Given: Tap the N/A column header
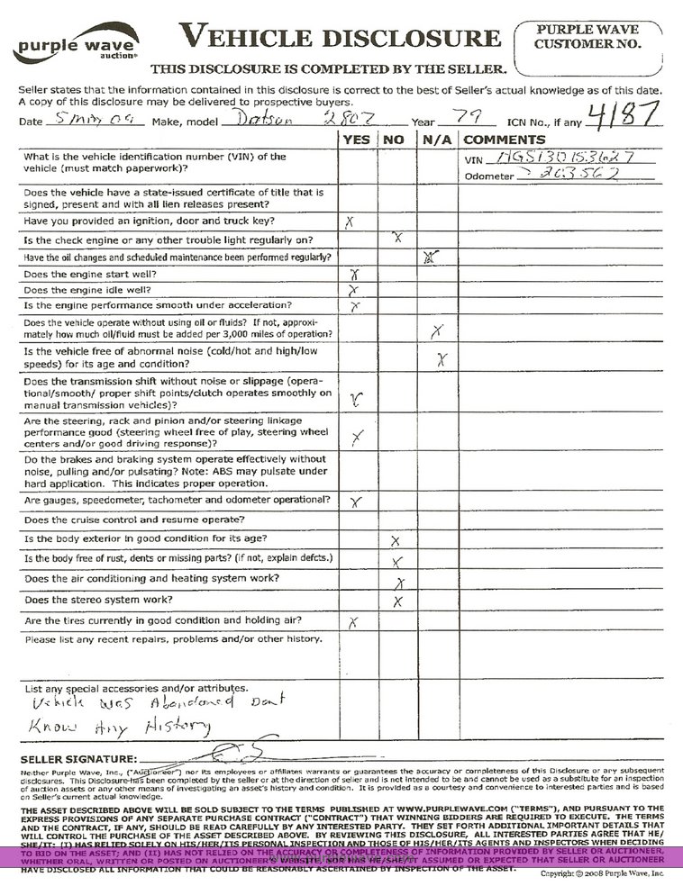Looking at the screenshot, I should (x=436, y=140).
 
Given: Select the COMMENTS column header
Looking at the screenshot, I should (x=504, y=140).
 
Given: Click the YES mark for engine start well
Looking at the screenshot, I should (x=355, y=273).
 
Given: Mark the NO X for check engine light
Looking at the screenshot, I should (x=397, y=238).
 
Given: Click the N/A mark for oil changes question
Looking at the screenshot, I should (x=431, y=257).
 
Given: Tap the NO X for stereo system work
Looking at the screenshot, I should (x=396, y=601).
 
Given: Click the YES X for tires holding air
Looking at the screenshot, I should (x=354, y=622).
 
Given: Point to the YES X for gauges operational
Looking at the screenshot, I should (x=355, y=501).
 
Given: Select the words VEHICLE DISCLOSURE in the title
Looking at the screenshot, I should (x=340, y=36).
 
